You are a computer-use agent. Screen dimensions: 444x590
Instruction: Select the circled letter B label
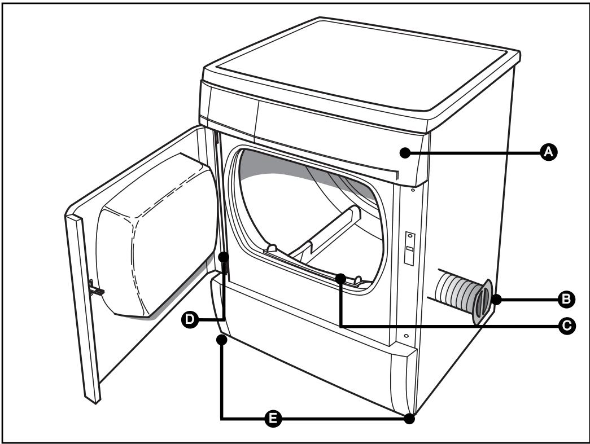pyautogui.click(x=564, y=300)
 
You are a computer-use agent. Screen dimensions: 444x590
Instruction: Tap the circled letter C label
pyautogui.click(x=567, y=325)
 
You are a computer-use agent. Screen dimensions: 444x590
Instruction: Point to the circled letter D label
pyautogui.click(x=190, y=320)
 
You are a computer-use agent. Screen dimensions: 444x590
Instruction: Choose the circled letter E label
pyautogui.click(x=273, y=418)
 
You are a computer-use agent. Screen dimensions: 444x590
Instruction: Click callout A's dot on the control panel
pyautogui.click(x=404, y=152)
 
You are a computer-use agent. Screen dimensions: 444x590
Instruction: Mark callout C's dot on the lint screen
pyautogui.click(x=340, y=278)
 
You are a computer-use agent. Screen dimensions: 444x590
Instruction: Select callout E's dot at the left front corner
pyautogui.click(x=222, y=339)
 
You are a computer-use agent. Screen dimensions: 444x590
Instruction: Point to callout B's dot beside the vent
pyautogui.click(x=495, y=300)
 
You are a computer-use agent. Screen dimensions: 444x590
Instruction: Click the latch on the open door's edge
pyautogui.click(x=96, y=290)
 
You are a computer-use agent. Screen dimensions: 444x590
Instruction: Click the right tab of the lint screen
pyautogui.click(x=357, y=280)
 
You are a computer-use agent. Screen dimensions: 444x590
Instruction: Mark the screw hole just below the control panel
pyautogui.click(x=413, y=191)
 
